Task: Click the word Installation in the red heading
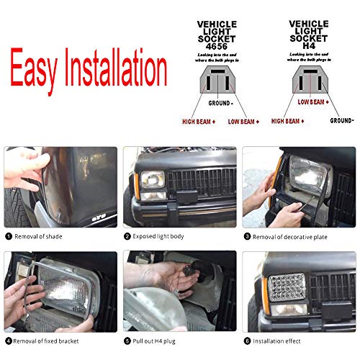click(x=121, y=69)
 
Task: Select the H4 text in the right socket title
click(x=308, y=45)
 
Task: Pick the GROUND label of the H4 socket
click(x=341, y=121)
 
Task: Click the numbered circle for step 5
click(x=127, y=340)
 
